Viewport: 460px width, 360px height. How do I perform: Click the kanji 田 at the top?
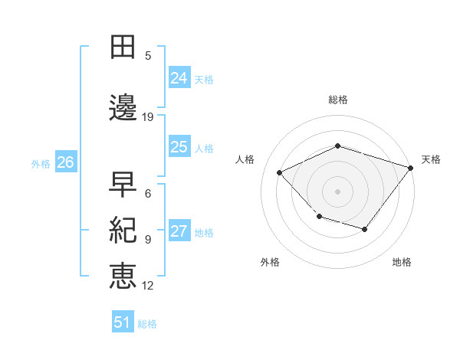(123, 47)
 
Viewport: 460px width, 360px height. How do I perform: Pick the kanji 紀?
(123, 229)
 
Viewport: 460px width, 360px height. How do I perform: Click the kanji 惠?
(123, 275)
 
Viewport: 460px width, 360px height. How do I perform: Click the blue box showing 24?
(179, 77)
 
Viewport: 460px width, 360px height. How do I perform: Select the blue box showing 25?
(179, 147)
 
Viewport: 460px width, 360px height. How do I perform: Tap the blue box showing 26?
(66, 162)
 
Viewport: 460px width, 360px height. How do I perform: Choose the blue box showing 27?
(179, 231)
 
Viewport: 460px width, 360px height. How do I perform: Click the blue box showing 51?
(123, 322)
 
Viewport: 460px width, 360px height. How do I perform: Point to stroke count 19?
(148, 117)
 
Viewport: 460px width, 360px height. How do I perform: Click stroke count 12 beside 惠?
(148, 286)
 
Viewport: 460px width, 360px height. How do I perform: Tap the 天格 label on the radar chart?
(431, 159)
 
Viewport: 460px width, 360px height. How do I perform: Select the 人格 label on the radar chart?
(245, 159)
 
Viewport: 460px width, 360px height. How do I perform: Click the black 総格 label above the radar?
(338, 100)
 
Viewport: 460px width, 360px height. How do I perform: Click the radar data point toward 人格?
(280, 172)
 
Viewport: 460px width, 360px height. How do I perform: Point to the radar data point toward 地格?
(365, 229)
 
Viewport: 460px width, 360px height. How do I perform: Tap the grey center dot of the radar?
(338, 191)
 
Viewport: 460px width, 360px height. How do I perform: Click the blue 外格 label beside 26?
(41, 163)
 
